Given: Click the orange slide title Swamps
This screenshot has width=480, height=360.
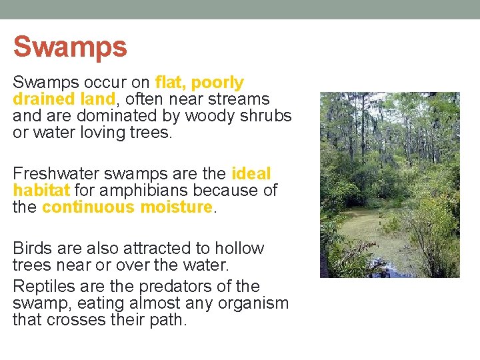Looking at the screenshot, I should tap(70, 47).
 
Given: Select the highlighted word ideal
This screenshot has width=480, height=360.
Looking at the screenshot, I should tap(251, 174).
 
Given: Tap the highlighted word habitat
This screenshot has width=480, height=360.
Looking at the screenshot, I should tap(38, 191).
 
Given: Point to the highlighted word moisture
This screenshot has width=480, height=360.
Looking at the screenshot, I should tap(176, 207).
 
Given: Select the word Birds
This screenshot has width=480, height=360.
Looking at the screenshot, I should tap(32, 249).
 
